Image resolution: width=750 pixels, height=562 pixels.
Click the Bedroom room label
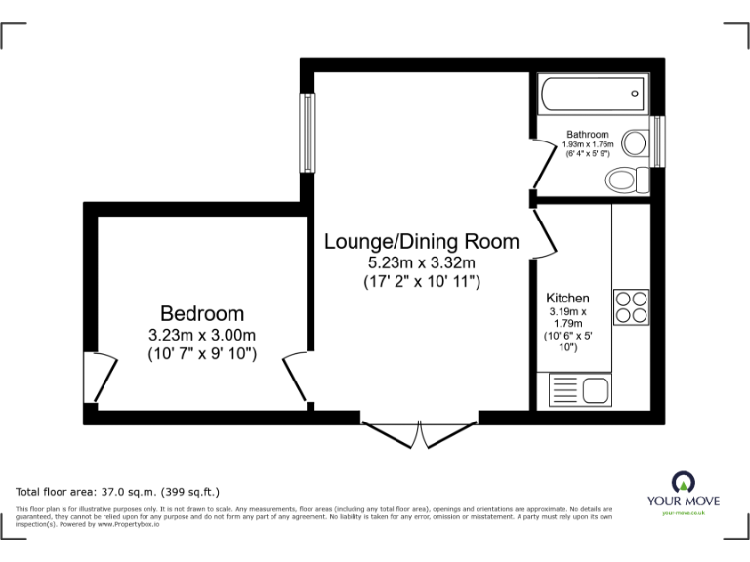pos(202,313)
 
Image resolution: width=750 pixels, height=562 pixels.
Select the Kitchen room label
pos(567,298)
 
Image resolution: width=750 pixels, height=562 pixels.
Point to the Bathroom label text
pos(588,135)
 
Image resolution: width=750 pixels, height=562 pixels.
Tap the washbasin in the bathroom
pos(635,143)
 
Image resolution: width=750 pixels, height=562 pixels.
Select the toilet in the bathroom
pos(622,180)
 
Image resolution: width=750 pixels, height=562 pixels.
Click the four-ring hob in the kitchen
pos(630,306)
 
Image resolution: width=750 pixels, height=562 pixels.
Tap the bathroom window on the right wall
pos(658,141)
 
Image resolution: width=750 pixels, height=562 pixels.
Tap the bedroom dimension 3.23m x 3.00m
pos(202,335)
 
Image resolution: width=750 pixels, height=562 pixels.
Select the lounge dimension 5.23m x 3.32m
pos(421,262)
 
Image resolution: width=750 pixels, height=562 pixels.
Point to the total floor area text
pos(118,491)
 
